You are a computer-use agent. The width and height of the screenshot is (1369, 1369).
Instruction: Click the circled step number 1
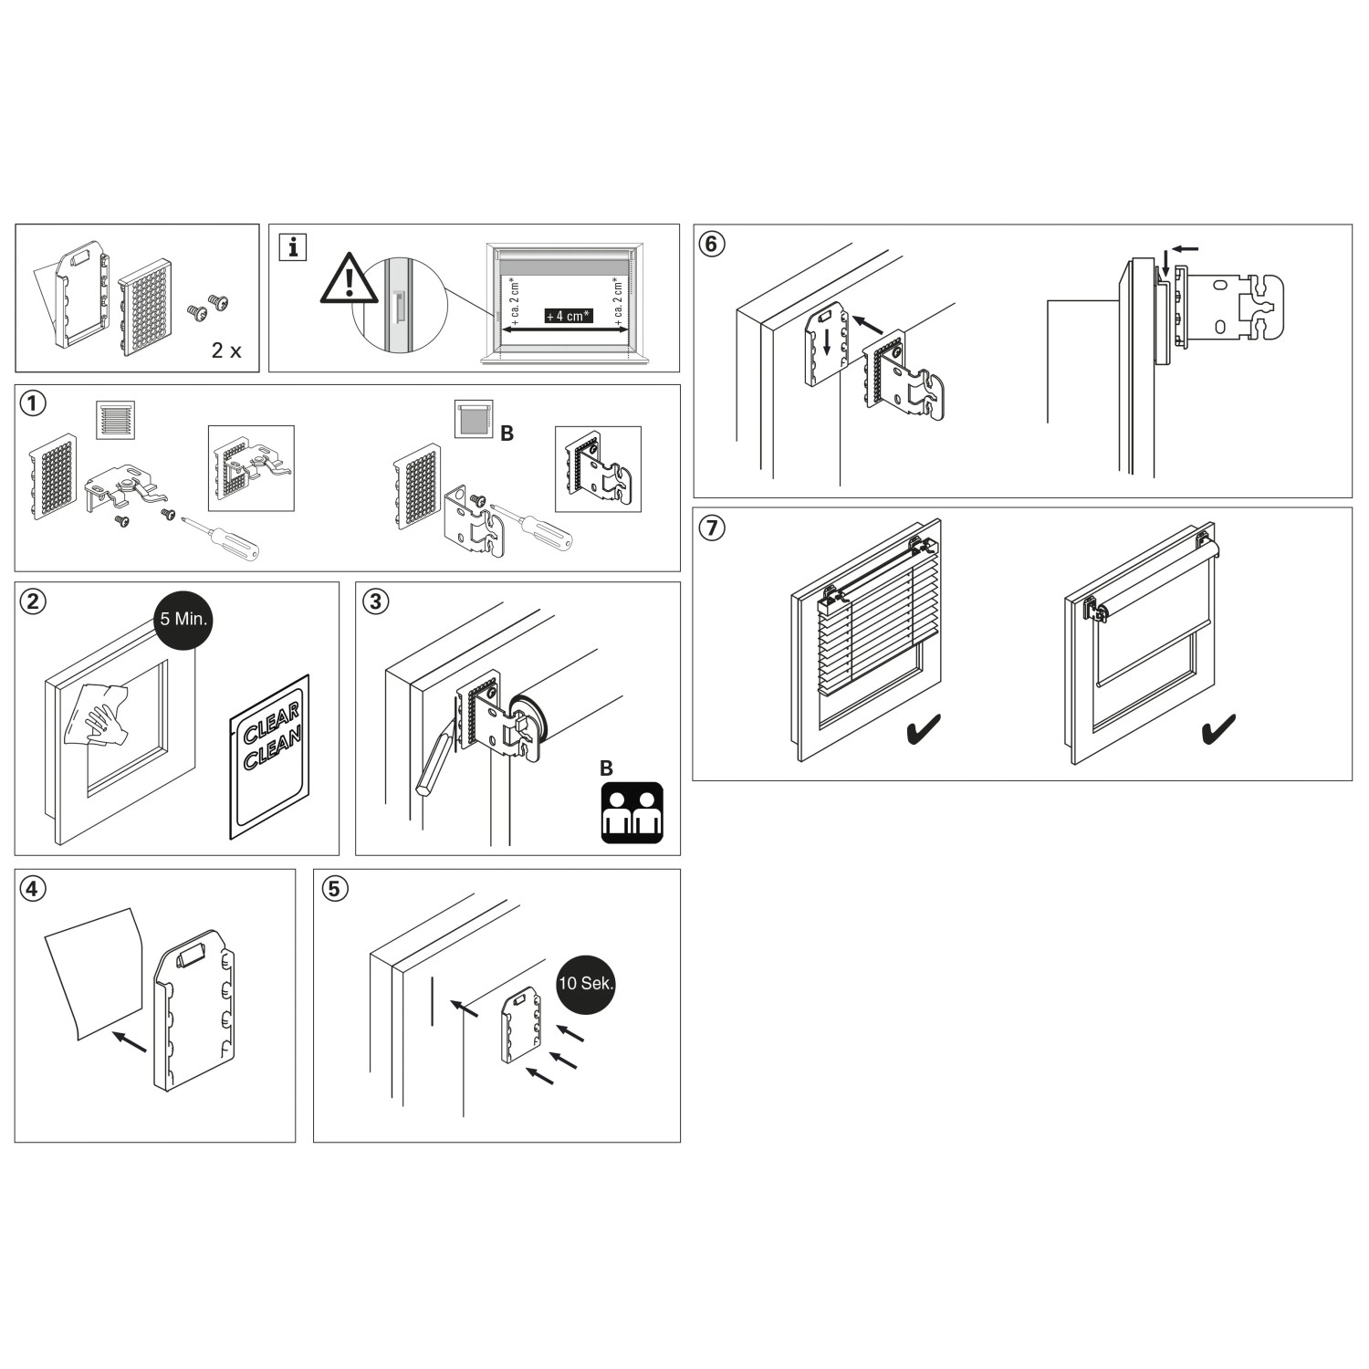click(33, 403)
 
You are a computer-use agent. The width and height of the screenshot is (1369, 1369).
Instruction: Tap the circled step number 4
click(33, 888)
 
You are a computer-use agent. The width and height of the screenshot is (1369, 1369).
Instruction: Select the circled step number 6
click(712, 244)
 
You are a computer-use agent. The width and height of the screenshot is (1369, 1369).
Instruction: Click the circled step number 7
click(712, 528)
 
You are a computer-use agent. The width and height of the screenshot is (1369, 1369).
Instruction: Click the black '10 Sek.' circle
click(586, 985)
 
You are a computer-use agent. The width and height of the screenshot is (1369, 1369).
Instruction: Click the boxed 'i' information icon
click(292, 246)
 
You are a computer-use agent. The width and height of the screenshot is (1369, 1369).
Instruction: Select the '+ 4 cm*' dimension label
click(567, 316)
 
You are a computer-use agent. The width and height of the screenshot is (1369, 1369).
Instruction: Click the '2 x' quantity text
click(226, 350)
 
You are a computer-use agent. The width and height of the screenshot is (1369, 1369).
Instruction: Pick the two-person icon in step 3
click(632, 812)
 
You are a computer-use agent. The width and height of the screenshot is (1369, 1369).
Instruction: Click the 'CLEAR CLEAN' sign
click(269, 757)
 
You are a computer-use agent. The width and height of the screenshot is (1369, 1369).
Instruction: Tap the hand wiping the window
click(102, 713)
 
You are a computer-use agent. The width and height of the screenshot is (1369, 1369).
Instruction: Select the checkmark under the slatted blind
click(924, 730)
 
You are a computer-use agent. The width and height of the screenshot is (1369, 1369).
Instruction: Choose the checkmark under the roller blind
click(1218, 728)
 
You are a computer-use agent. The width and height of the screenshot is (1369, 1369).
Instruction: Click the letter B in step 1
click(507, 434)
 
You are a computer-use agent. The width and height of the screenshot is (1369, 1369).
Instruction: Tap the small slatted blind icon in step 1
click(116, 420)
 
